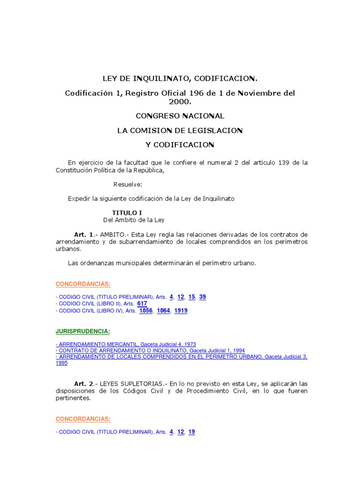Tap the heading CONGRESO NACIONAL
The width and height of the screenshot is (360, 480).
click(180, 115)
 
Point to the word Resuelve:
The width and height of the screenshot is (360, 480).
click(127, 184)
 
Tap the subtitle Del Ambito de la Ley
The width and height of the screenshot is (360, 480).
click(134, 219)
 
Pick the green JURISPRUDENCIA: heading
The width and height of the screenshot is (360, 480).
click(82, 331)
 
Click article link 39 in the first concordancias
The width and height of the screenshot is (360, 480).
click(202, 296)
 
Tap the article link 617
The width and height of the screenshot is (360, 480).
click(142, 303)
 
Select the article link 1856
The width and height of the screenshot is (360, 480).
click(146, 310)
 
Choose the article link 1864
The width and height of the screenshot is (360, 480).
click(164, 310)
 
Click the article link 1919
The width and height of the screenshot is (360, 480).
click(181, 310)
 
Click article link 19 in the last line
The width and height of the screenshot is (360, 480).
click(192, 432)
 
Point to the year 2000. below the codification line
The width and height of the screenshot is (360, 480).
click(180, 101)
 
